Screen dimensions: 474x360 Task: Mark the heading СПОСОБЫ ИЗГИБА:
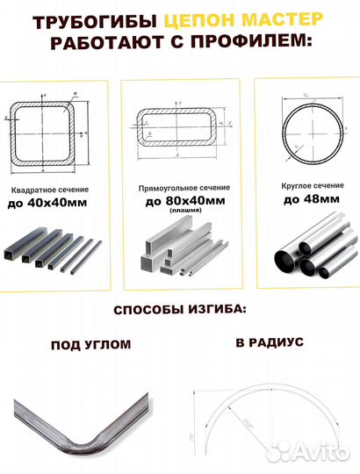pos(179,312)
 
